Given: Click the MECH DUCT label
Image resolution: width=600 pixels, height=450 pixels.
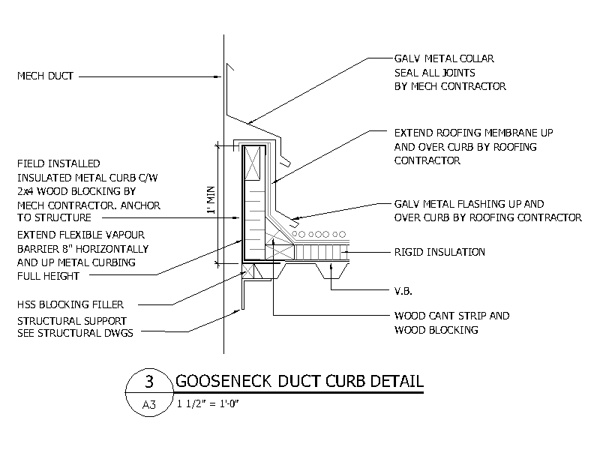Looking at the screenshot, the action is coord(45,76).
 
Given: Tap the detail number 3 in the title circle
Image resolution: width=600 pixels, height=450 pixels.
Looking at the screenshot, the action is coord(149,382).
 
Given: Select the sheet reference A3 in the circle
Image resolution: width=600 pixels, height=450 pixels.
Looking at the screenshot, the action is coord(148,404).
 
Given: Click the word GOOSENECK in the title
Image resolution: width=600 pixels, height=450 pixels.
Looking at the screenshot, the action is coord(223,381).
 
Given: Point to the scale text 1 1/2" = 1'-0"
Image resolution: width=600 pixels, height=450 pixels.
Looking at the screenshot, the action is coord(208,403).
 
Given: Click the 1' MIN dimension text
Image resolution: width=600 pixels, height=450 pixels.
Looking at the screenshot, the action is coord(211,200).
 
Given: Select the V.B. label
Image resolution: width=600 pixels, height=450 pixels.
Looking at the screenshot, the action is coord(403,291).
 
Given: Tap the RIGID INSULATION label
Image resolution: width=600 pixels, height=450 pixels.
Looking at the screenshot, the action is coord(439,252).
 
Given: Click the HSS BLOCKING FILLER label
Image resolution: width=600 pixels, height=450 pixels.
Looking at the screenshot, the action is coord(70,304).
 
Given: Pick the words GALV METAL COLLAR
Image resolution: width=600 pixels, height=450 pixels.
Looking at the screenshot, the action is coord(444,58).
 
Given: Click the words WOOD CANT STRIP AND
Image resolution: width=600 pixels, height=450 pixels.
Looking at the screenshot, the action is coord(452,316).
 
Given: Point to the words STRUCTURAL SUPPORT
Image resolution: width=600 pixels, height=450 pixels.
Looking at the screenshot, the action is coord(72,321).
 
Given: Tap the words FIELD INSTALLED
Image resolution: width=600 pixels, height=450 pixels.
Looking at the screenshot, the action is coord(58,163).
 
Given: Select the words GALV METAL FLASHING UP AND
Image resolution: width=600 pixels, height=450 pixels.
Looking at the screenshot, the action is coord(469,204).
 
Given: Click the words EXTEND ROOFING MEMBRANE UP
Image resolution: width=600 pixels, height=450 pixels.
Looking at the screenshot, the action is coord(474,133).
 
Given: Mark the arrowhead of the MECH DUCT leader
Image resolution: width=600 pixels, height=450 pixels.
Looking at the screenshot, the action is coord(218,77).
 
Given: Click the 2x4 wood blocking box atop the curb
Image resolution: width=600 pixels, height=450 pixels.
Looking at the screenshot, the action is coord(253,163).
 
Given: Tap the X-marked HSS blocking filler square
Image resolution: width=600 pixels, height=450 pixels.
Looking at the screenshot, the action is coord(248,271).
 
